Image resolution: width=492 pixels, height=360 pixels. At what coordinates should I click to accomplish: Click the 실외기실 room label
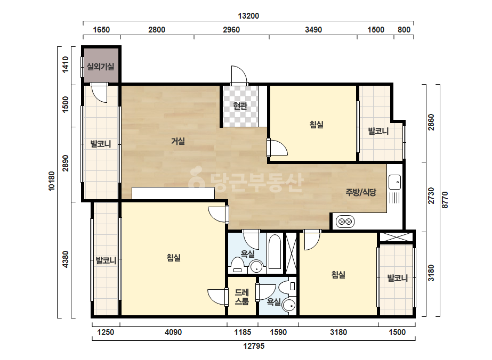[x=100, y=67]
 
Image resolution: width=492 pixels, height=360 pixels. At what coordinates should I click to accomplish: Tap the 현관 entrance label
[x=240, y=106]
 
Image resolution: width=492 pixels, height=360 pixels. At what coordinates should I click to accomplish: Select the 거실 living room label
[x=178, y=141]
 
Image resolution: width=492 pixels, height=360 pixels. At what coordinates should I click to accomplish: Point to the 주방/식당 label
[x=361, y=192]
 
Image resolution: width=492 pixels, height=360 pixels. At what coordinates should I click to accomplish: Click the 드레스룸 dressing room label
[x=242, y=297]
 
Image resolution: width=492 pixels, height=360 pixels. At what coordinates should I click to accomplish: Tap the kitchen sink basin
[x=395, y=182]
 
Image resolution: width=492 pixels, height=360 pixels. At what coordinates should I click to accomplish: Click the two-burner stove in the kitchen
[x=345, y=222]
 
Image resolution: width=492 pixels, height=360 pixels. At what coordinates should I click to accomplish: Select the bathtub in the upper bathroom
[x=275, y=251]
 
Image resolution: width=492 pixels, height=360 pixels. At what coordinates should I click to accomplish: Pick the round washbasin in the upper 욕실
[x=257, y=267]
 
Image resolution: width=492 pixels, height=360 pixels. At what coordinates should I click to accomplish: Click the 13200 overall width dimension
[x=248, y=15]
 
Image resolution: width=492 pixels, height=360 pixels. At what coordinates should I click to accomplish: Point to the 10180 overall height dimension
[x=52, y=181]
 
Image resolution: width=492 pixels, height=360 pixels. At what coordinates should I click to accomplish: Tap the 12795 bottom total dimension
[x=254, y=346]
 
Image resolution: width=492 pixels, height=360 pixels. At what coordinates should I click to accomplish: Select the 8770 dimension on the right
[x=445, y=200]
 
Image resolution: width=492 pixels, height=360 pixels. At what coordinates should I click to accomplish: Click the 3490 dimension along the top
[x=313, y=30]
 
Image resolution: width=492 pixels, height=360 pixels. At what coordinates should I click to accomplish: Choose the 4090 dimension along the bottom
[x=173, y=332]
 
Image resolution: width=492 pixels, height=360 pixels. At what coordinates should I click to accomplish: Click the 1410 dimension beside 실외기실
[x=65, y=64]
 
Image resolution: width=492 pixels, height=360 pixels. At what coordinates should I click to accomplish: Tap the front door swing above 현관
[x=239, y=75]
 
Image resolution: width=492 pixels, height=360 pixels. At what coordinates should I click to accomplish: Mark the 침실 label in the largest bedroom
[x=174, y=258]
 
